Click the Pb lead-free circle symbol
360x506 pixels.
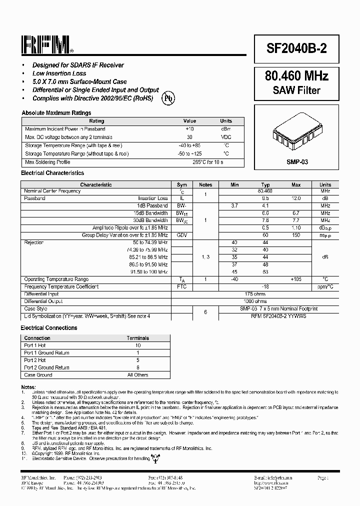[168, 98]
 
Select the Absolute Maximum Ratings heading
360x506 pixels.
[56, 113]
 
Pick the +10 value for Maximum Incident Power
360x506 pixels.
[189, 129]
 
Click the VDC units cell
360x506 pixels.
[226, 137]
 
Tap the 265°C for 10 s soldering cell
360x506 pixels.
[207, 162]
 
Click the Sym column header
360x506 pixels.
[182, 185]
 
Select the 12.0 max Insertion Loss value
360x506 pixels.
[296, 198]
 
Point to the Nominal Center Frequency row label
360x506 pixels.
[52, 191]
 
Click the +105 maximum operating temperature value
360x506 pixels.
[296, 279]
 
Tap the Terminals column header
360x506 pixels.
[137, 338]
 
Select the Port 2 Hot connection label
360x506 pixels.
[35, 360]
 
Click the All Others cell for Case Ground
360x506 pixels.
[137, 374]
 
